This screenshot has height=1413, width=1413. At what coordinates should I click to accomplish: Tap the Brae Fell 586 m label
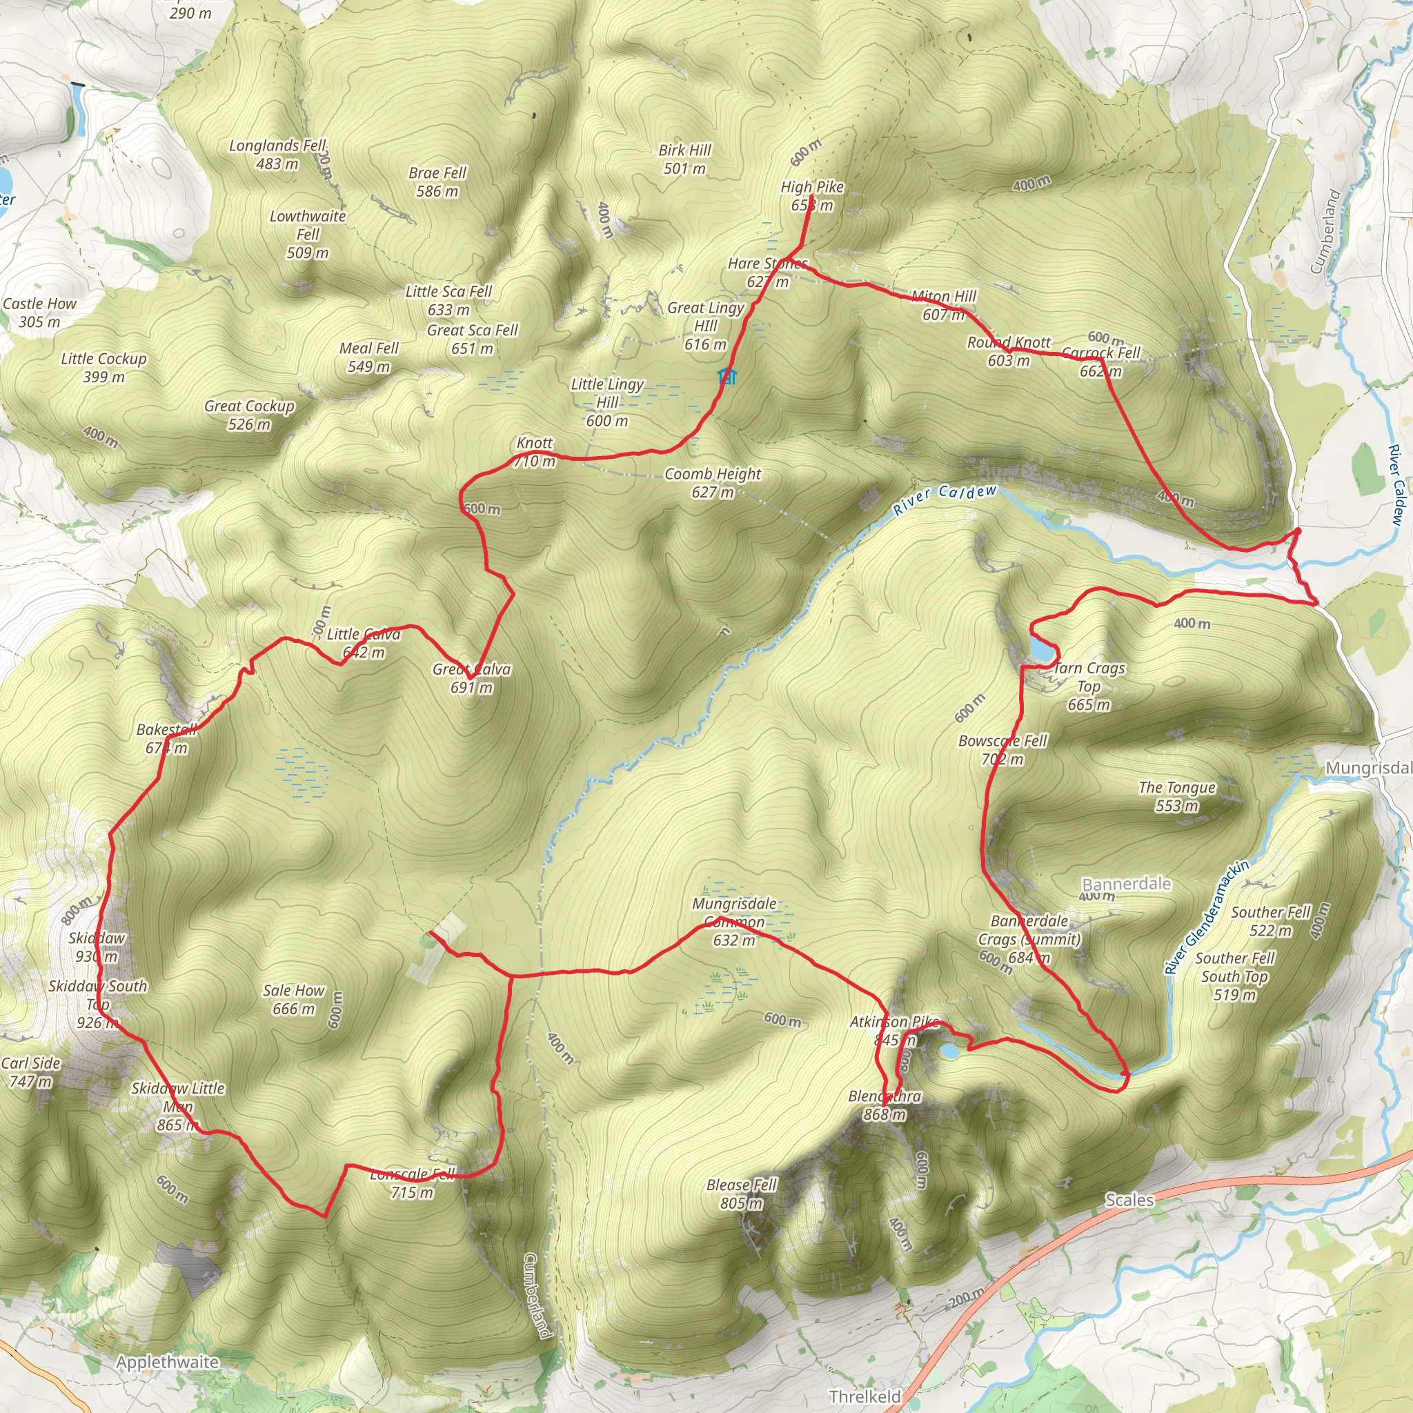pyautogui.click(x=437, y=182)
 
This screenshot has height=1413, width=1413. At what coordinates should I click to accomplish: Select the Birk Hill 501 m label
pyautogui.click(x=684, y=159)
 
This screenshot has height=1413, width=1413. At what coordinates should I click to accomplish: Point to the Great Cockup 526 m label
pyautogui.click(x=249, y=415)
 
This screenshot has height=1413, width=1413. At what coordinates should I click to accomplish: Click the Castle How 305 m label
pyautogui.click(x=39, y=313)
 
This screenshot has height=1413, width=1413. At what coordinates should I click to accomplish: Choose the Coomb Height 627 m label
pyautogui.click(x=712, y=483)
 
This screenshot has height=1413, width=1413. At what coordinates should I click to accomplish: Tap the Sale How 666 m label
pyautogui.click(x=293, y=999)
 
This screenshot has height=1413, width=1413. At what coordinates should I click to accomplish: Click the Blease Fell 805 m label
pyautogui.click(x=742, y=1194)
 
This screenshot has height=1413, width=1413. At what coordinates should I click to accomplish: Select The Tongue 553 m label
pyautogui.click(x=1177, y=796)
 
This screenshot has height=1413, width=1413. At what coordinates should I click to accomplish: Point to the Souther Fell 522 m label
pyautogui.click(x=1270, y=921)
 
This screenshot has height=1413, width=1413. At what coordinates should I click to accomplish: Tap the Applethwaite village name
pyautogui.click(x=168, y=1362)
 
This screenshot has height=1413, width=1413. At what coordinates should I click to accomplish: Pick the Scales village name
pyautogui.click(x=1129, y=1199)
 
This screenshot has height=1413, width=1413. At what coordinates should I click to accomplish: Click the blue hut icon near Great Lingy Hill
pyautogui.click(x=727, y=377)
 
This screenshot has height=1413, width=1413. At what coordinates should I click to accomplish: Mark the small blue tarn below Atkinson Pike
pyautogui.click(x=949, y=1051)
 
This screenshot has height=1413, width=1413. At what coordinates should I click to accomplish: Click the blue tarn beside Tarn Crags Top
pyautogui.click(x=1041, y=646)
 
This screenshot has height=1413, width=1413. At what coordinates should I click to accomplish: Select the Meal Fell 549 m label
pyautogui.click(x=368, y=357)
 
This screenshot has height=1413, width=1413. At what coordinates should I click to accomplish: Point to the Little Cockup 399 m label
pyautogui.click(x=104, y=367)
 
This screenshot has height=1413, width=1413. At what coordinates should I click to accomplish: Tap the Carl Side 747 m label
pyautogui.click(x=31, y=1072)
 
